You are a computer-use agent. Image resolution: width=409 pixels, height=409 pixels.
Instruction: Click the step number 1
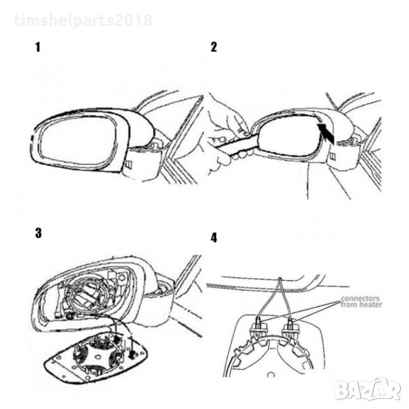[38, 47]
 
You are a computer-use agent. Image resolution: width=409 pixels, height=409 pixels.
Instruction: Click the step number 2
[213, 47]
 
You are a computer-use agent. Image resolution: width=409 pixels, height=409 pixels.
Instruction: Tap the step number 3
[38, 233]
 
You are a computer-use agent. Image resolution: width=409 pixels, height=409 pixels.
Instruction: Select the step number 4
[213, 238]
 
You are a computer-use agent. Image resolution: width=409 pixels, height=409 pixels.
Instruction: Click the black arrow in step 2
[326, 134]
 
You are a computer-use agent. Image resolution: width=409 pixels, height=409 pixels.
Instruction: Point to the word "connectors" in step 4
[360, 299]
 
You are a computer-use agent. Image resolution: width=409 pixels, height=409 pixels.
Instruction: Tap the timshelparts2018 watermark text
[83, 20]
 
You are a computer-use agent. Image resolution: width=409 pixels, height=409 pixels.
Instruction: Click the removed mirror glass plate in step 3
[97, 358]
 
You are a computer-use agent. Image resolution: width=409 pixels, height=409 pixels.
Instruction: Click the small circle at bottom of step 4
[271, 375]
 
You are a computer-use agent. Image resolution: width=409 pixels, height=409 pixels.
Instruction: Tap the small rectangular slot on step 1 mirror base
[129, 164]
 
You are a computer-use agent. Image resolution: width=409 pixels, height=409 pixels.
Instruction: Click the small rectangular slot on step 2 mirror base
[333, 156]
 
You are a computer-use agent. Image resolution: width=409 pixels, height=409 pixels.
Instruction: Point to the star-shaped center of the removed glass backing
[97, 354]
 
